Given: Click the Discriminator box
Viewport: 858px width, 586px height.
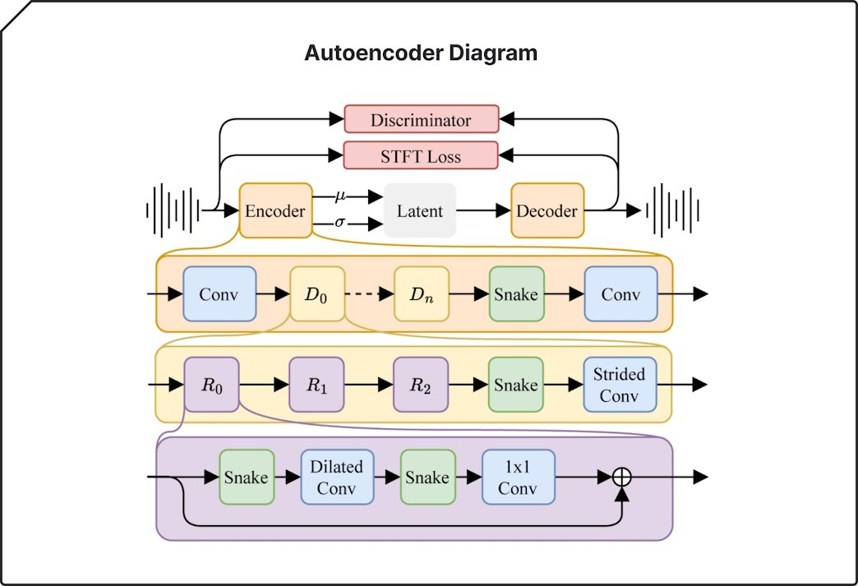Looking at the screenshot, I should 421,119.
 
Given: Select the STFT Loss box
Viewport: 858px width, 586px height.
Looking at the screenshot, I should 421,155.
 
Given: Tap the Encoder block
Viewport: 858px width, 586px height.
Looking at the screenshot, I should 275,211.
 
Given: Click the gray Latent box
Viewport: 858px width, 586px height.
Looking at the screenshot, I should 420,211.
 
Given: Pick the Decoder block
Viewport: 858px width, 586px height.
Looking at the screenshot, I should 547,211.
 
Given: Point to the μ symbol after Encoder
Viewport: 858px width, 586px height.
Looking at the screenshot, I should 340,196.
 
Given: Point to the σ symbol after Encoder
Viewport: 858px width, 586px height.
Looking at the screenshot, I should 340,222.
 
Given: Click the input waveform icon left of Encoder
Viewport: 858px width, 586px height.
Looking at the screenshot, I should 173,210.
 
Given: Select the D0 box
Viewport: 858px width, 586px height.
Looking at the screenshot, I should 317,293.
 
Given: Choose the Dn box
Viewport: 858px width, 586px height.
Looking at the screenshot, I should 422,293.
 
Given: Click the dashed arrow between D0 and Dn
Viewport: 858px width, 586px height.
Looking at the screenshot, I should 369,293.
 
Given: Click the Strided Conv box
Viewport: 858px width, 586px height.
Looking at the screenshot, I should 620,385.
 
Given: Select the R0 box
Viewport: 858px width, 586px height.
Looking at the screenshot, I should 212,385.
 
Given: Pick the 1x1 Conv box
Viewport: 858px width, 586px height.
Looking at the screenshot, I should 519,477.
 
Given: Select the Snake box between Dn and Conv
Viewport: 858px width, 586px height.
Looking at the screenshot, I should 516,293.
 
